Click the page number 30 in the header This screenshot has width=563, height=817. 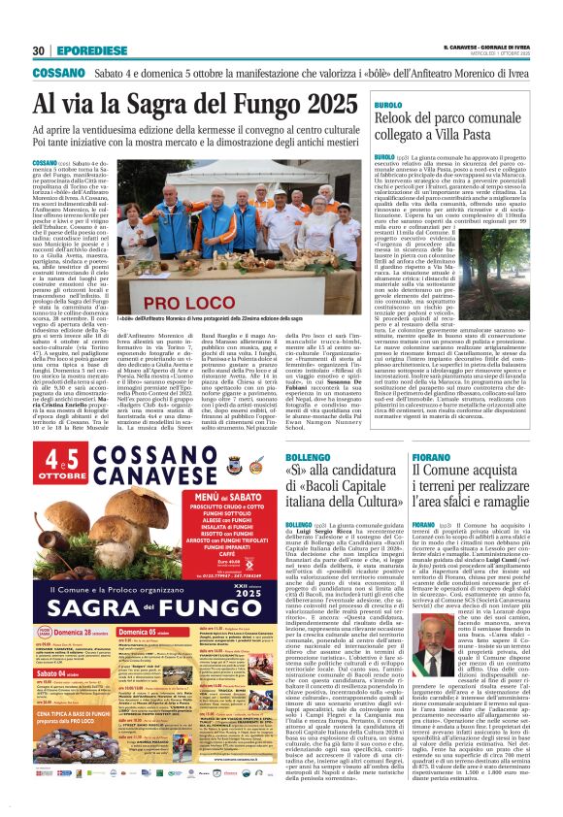(x=38, y=50)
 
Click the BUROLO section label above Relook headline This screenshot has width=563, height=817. (x=388, y=104)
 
